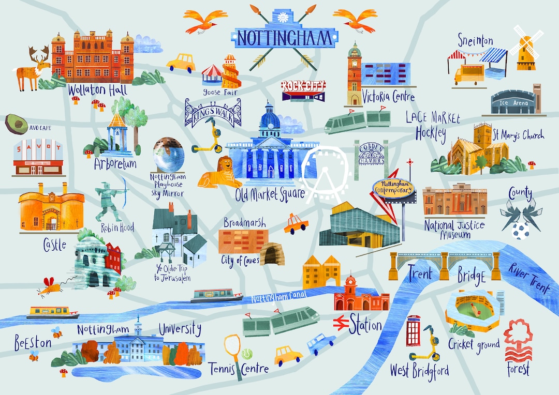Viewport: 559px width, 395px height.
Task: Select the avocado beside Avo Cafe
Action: tap(16, 124)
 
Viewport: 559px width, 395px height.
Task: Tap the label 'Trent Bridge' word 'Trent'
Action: tap(420, 272)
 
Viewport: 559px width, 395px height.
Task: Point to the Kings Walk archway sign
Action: tap(213, 112)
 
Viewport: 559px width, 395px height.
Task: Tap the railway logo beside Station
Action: tap(340, 324)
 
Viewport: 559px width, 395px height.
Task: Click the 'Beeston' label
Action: tap(33, 342)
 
